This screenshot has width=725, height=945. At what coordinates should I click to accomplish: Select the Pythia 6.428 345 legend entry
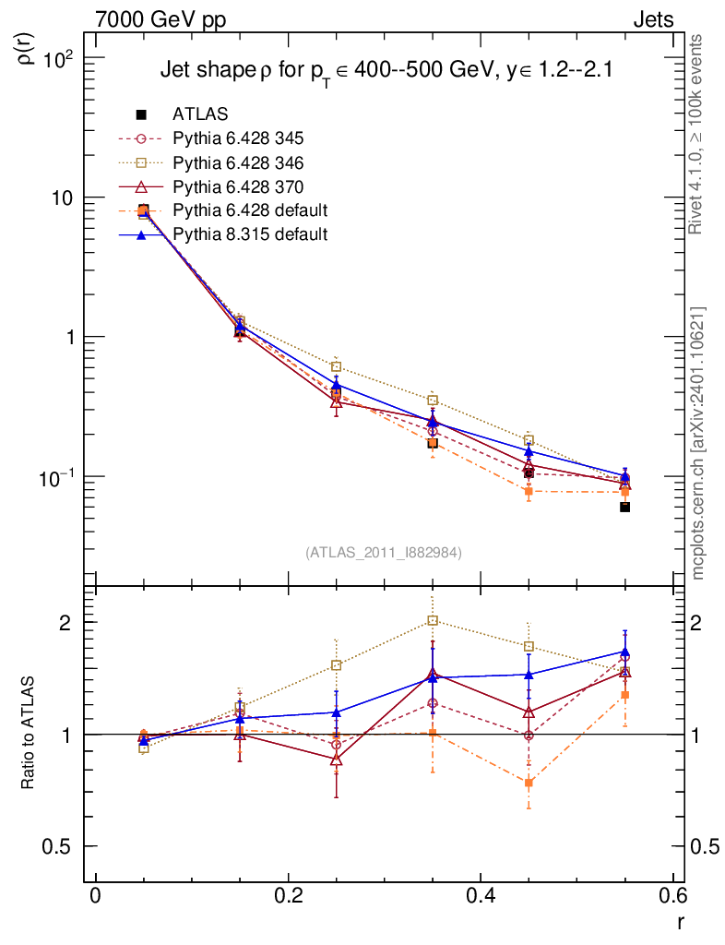[238, 138]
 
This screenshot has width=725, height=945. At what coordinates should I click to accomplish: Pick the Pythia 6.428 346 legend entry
[238, 162]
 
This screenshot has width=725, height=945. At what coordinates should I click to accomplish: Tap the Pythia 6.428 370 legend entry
[238, 186]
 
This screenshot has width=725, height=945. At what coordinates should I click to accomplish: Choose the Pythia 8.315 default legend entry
[249, 234]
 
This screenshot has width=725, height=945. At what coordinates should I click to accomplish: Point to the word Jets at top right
[652, 19]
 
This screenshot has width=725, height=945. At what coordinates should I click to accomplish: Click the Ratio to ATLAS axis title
[29, 734]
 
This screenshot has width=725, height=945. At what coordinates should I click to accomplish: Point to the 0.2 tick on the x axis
[288, 896]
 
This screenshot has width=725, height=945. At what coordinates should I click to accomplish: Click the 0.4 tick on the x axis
[481, 896]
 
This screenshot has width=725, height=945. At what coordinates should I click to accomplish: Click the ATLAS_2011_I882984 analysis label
[384, 552]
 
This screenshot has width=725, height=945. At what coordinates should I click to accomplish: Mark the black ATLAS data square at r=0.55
[624, 507]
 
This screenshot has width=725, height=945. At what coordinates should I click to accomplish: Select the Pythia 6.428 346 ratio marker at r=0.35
[433, 620]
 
